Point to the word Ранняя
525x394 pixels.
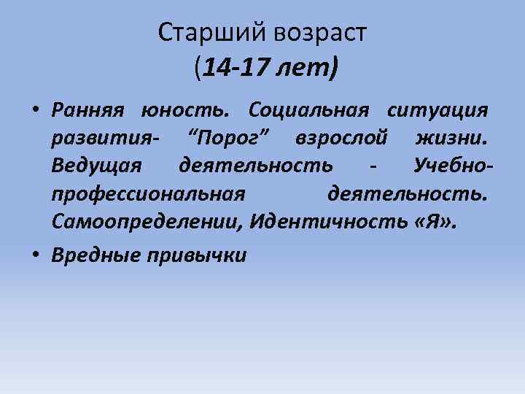(88, 111)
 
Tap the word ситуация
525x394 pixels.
(437, 111)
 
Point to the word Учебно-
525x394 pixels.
(453, 166)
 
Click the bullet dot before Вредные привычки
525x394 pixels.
(35, 255)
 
